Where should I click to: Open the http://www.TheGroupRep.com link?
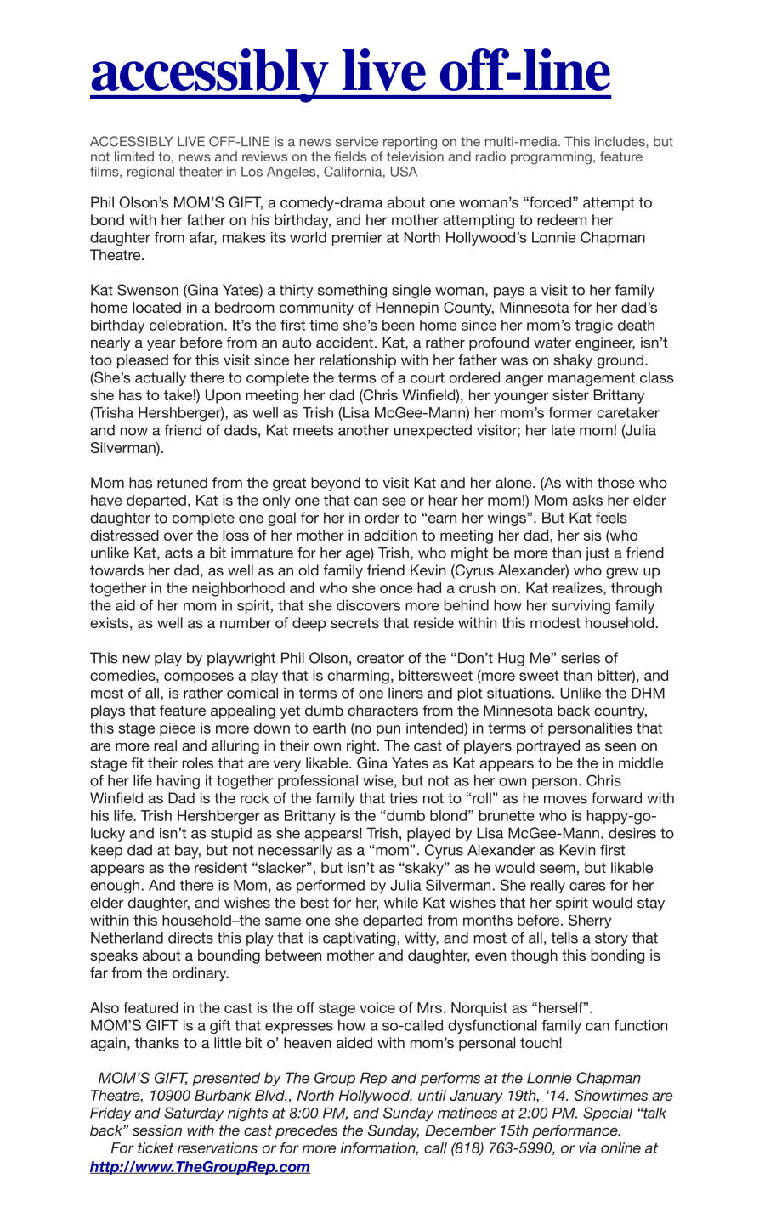coord(200,1166)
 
